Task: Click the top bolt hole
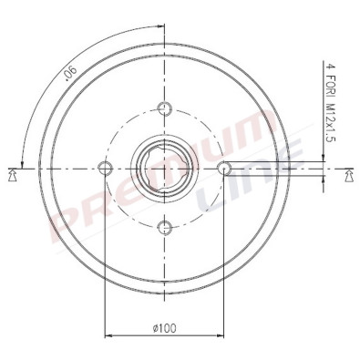[165, 108]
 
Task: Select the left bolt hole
[105, 168]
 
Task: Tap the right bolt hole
[224, 168]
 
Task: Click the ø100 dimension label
[164, 328]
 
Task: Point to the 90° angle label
[70, 74]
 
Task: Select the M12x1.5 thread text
[329, 124]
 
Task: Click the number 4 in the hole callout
[329, 67]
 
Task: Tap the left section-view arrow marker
[12, 176]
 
